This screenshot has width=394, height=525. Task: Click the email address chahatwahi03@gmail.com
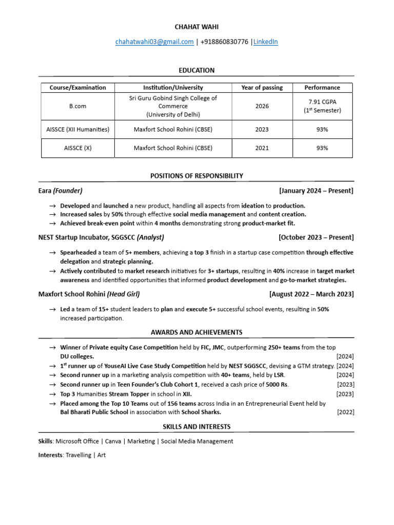154,42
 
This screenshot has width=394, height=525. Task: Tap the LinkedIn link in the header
266,42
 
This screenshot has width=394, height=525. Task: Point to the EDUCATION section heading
196,70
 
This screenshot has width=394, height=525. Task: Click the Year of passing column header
262,88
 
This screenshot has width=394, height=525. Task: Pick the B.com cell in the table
78,106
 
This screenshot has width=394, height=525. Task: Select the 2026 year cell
262,106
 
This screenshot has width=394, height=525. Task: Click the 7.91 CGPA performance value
322,102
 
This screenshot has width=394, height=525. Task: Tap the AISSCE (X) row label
78,148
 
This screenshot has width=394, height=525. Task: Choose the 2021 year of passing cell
262,148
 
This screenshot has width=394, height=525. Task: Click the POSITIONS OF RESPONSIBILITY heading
196,176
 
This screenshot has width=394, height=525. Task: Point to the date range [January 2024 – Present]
316,191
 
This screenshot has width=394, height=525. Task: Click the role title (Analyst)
150,237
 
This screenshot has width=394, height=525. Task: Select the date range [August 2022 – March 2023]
311,294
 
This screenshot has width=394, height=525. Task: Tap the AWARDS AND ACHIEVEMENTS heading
196,332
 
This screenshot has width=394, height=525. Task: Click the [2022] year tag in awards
345,412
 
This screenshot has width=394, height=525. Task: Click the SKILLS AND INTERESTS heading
196,427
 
